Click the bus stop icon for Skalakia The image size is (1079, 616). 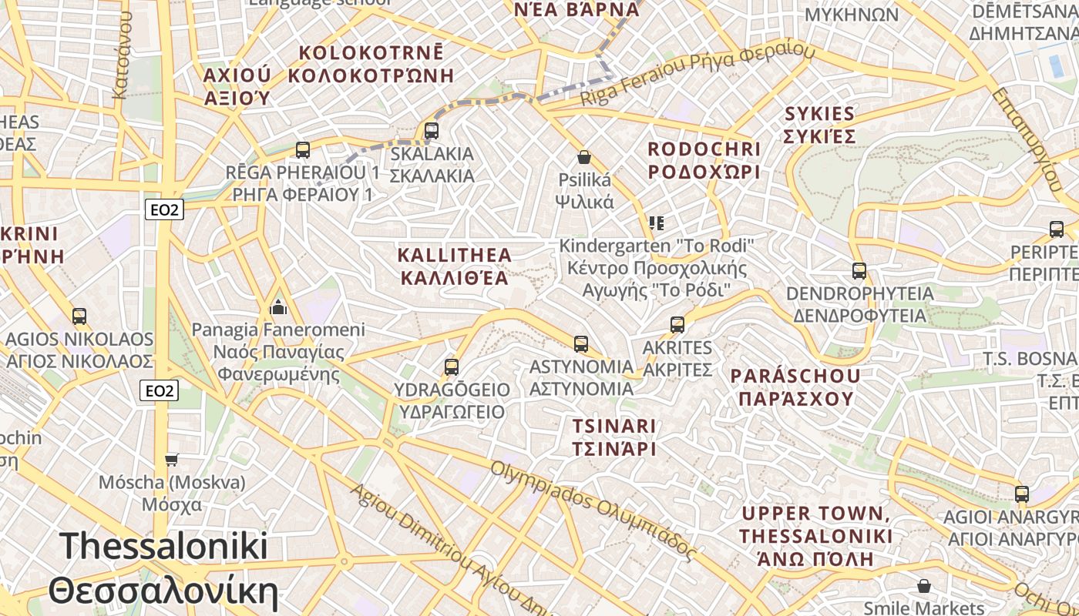(432, 131)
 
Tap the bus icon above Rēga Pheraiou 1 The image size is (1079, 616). (303, 150)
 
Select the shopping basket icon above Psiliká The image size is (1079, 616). (584, 157)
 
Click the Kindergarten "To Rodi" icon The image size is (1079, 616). (657, 223)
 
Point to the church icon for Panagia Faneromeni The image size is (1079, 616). (278, 308)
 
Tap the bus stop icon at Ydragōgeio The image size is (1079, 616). (452, 367)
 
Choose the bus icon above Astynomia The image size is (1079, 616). (581, 343)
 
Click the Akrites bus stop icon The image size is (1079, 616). (677, 325)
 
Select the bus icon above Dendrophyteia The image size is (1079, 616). (859, 271)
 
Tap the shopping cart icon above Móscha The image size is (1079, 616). (172, 460)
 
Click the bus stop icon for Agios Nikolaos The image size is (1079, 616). (79, 316)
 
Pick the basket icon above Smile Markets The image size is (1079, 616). (924, 587)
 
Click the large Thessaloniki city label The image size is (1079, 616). (163, 569)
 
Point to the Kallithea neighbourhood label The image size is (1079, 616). (454, 266)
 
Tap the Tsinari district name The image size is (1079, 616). (614, 437)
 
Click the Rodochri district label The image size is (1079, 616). (704, 160)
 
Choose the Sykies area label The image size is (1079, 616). (820, 125)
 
